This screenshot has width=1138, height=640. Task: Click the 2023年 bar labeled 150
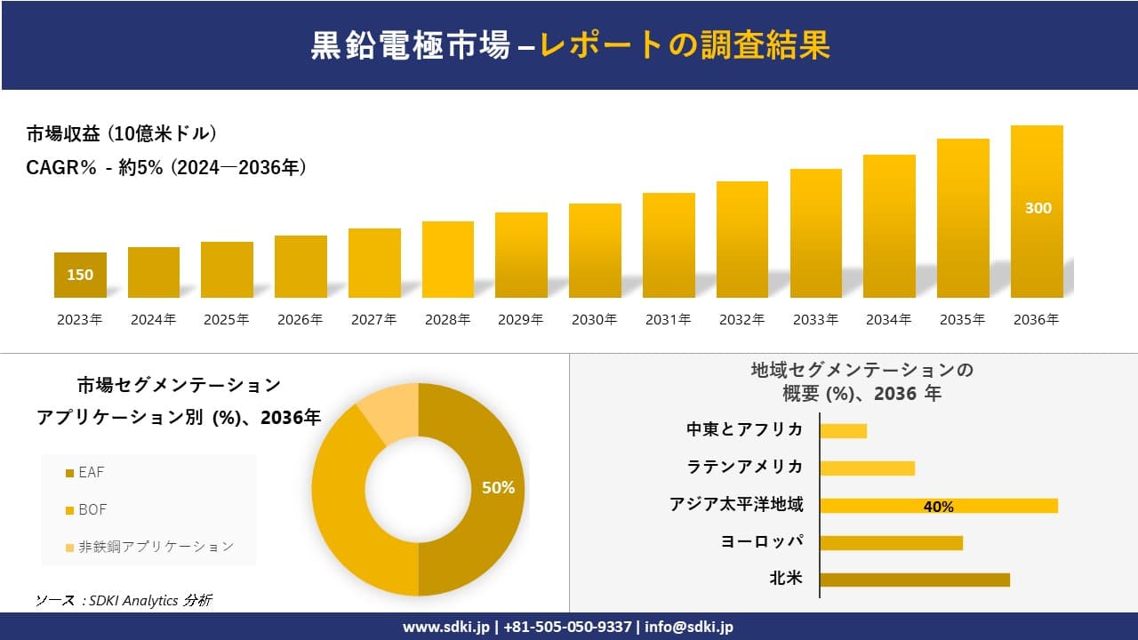(x=80, y=275)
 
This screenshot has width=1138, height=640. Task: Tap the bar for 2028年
(x=448, y=260)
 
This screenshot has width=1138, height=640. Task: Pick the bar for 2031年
(x=669, y=245)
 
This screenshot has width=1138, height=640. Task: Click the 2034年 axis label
(x=888, y=320)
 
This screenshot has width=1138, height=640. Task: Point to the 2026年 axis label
(x=300, y=320)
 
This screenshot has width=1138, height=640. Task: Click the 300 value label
(x=1038, y=208)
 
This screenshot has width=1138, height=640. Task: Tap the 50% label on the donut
(x=498, y=488)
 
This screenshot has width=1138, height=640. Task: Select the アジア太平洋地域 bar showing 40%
(x=939, y=506)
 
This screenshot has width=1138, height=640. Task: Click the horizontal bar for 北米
(x=915, y=580)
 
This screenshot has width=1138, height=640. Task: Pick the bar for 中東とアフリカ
(x=843, y=431)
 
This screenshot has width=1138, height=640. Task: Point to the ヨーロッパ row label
(x=762, y=541)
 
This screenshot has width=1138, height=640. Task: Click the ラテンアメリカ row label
(x=745, y=467)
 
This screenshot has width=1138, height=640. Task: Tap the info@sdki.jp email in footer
(x=689, y=627)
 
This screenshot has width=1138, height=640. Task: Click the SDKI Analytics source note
(x=124, y=601)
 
